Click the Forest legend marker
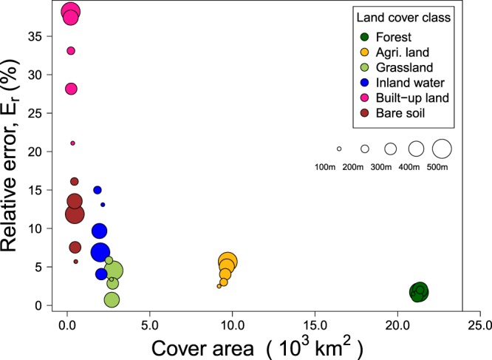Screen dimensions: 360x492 pyautogui.click(x=363, y=37)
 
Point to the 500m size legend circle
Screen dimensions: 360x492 pyautogui.click(x=442, y=149)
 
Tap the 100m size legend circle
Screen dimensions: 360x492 pyautogui.click(x=339, y=149)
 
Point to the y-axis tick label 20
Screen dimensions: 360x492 pyautogui.click(x=47, y=151)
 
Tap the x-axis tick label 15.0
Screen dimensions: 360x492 pyautogui.click(x=315, y=324)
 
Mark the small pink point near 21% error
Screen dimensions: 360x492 pyautogui.click(x=72, y=143)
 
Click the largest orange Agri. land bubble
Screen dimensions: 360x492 pyautogui.click(x=228, y=262)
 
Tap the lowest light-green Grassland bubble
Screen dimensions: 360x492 pyautogui.click(x=112, y=299)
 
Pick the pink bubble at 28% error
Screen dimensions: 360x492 pyautogui.click(x=71, y=89)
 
